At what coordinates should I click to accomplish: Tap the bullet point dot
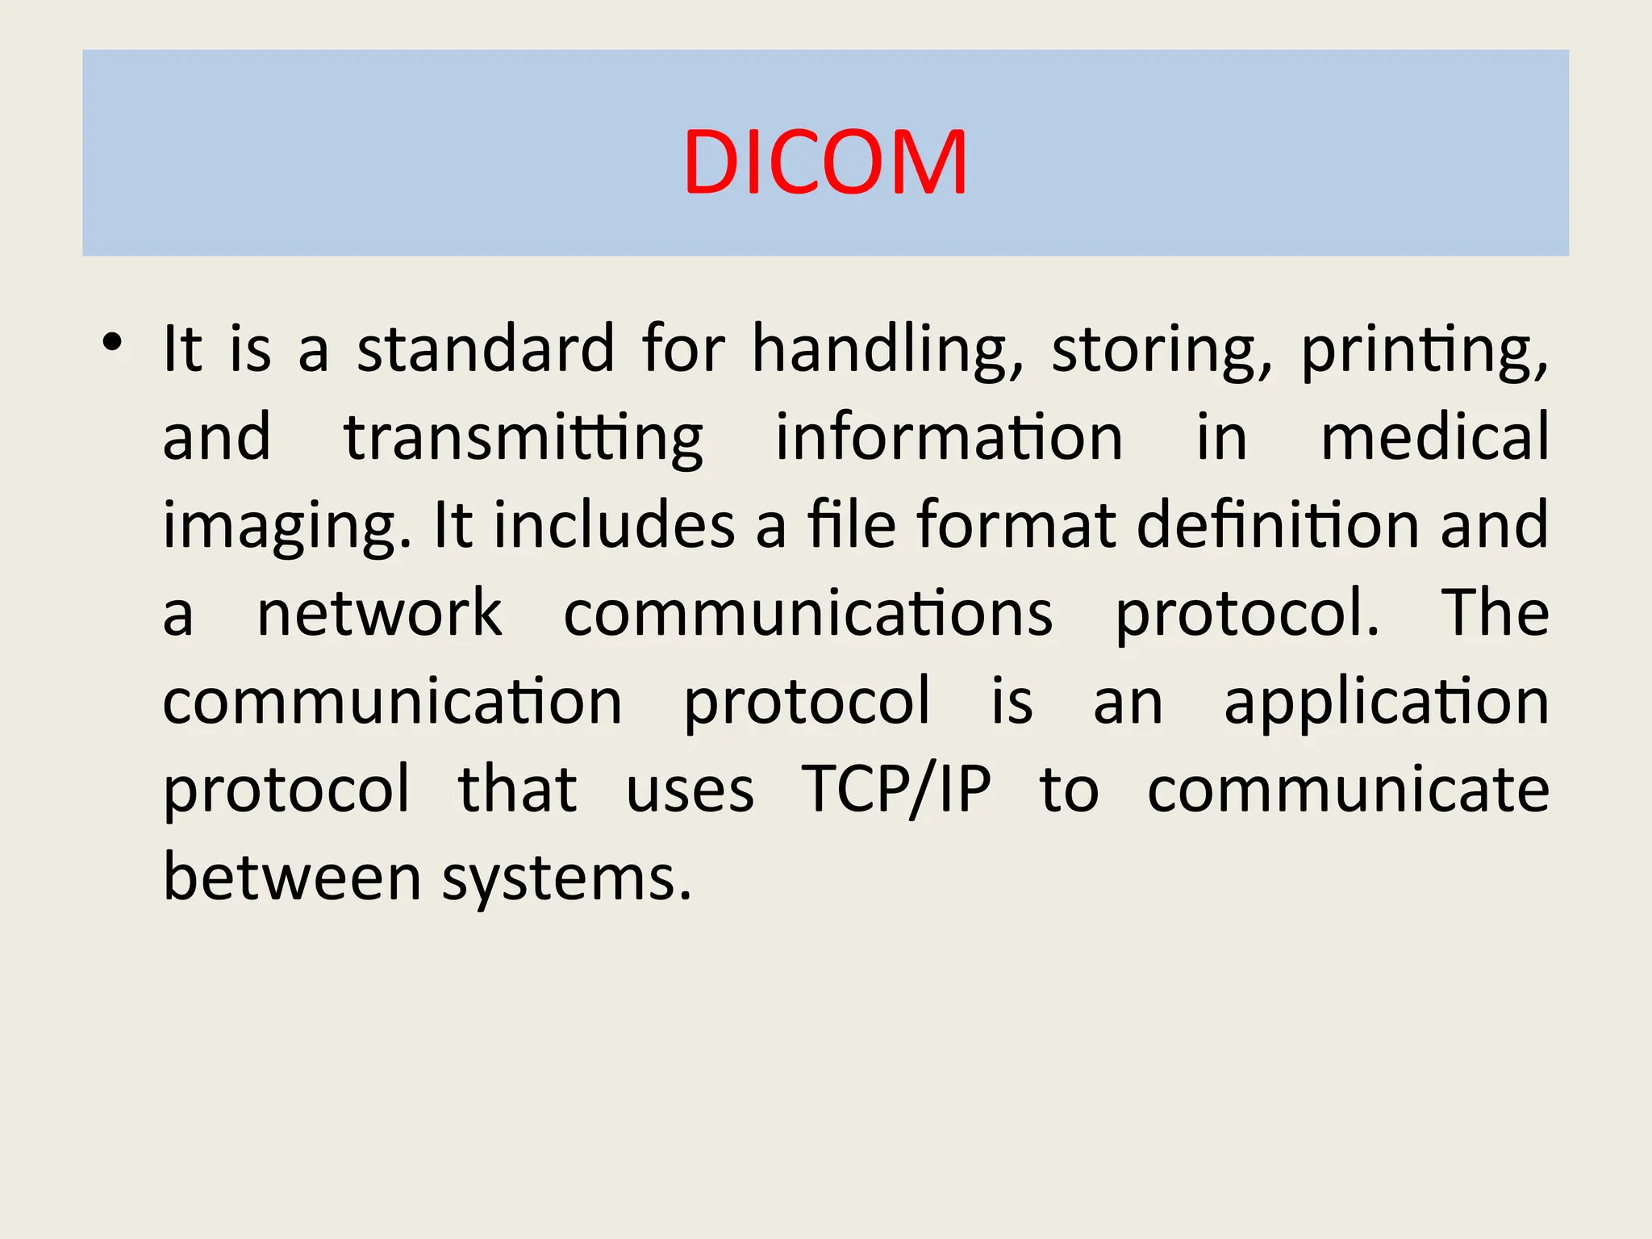tap(112, 342)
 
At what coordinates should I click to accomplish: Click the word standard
tap(486, 348)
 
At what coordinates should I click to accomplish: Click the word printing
tap(1425, 350)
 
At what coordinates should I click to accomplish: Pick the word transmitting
tap(524, 438)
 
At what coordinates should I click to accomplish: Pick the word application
tap(1386, 702)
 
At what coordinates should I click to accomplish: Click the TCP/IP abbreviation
tap(895, 790)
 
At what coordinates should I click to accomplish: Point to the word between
tap(292, 877)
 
